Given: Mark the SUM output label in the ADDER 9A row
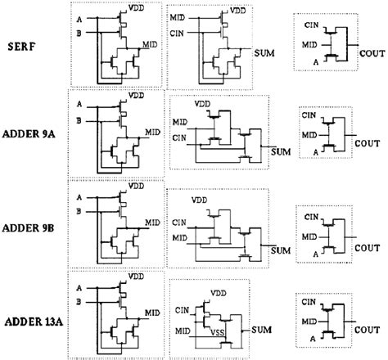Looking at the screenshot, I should click(282, 152).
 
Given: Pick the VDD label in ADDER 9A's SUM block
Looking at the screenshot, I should click(201, 104).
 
